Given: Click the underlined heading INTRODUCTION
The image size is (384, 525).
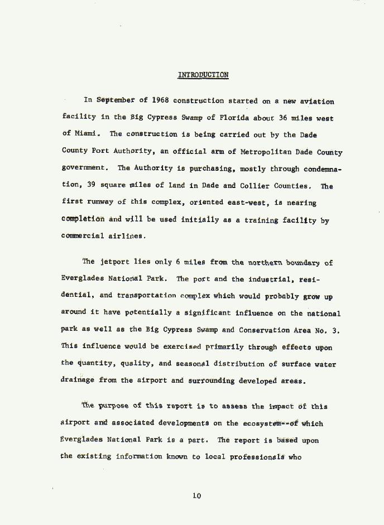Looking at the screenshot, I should pyautogui.click(x=203, y=75).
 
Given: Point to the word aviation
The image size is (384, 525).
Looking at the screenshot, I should pyautogui.click(x=317, y=101).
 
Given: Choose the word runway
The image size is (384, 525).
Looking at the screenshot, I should pyautogui.click(x=101, y=203).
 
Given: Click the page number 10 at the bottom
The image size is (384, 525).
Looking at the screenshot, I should pyautogui.click(x=196, y=495).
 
